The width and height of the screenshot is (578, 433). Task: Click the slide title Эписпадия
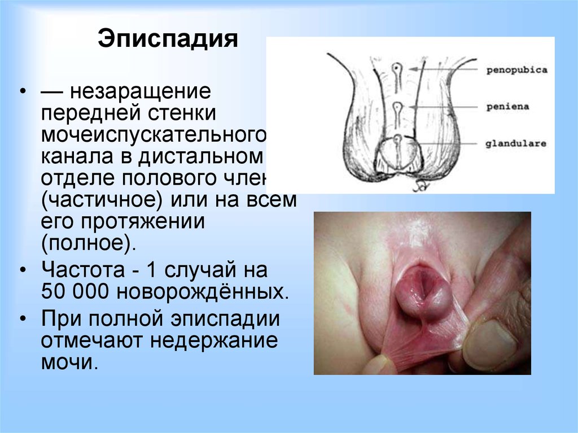(x=167, y=41)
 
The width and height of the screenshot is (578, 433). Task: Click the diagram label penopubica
(x=516, y=70)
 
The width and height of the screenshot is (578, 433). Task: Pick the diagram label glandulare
(x=516, y=143)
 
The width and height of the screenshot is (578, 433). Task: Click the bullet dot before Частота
(x=23, y=270)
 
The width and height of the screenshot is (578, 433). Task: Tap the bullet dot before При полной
(x=23, y=319)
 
